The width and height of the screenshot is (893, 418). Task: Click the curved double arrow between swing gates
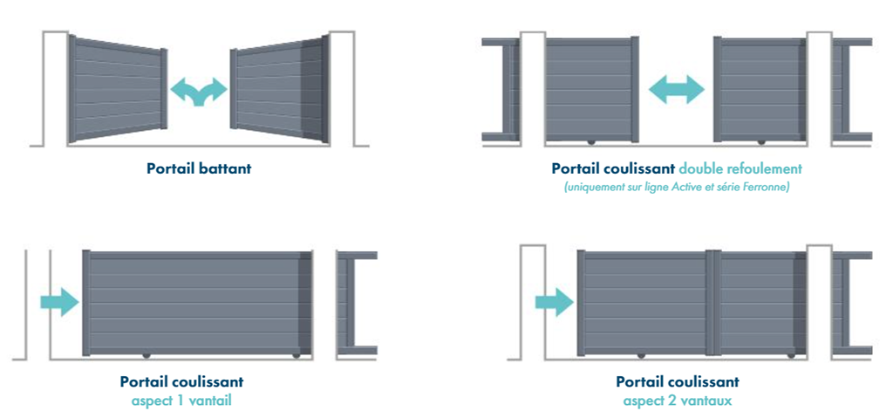pos(198,91)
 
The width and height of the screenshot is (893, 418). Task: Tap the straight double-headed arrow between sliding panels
pos(677,89)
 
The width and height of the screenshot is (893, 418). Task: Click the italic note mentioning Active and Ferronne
pos(677,187)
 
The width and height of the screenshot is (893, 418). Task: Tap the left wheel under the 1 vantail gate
pos(146,355)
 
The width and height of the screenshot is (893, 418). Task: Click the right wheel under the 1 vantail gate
pos(297,355)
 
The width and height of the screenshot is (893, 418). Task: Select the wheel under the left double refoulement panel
pos(590,141)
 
